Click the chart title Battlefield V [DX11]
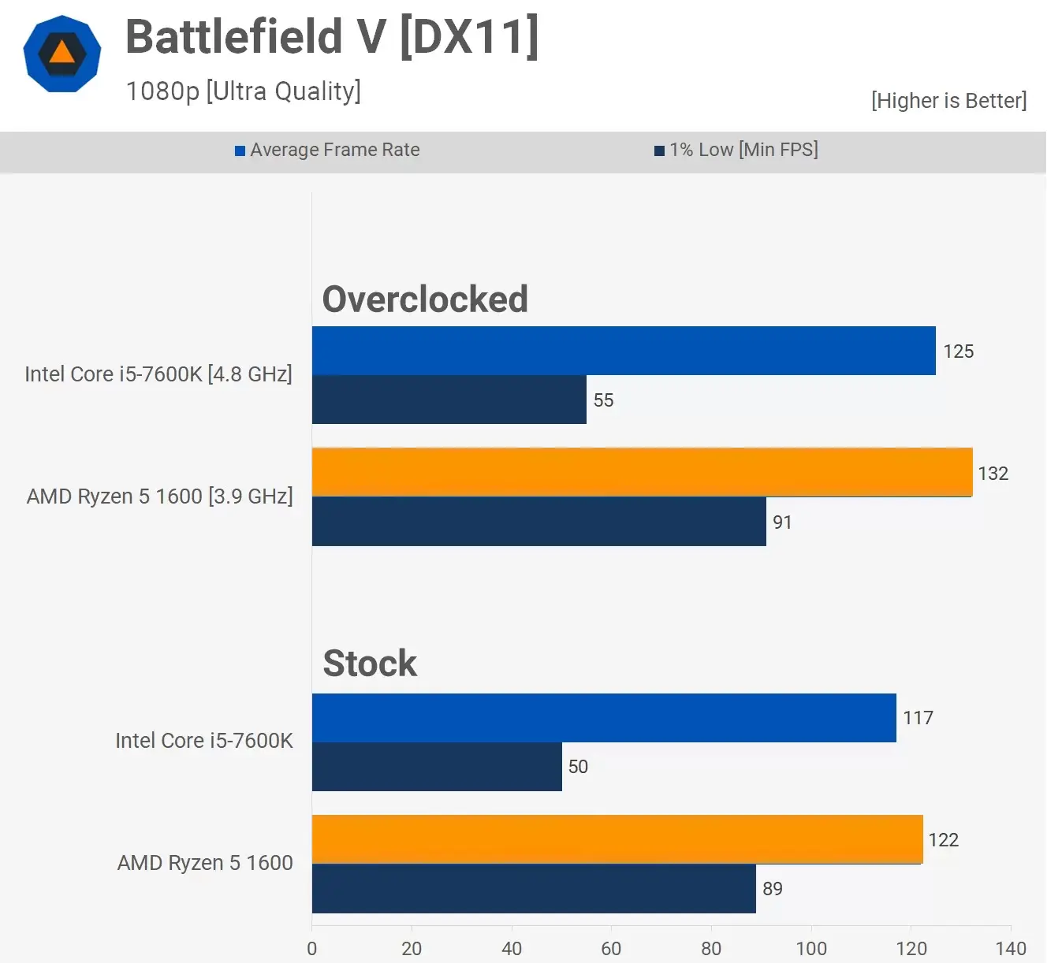(332, 37)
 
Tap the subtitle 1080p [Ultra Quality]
(243, 91)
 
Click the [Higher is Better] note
(948, 101)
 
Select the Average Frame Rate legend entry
(327, 150)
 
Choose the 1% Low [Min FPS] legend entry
(736, 150)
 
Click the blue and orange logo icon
(62, 54)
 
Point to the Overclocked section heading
(425, 299)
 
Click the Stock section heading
(370, 664)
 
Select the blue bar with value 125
(623, 351)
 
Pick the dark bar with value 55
(449, 400)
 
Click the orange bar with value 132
(642, 472)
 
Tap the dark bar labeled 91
(538, 522)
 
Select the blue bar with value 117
(604, 718)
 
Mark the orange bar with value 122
(617, 839)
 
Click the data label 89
(773, 889)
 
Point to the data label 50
(578, 767)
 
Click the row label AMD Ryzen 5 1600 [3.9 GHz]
(159, 496)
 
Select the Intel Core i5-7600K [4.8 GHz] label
(158, 374)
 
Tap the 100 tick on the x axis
(811, 949)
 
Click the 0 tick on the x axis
(312, 949)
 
